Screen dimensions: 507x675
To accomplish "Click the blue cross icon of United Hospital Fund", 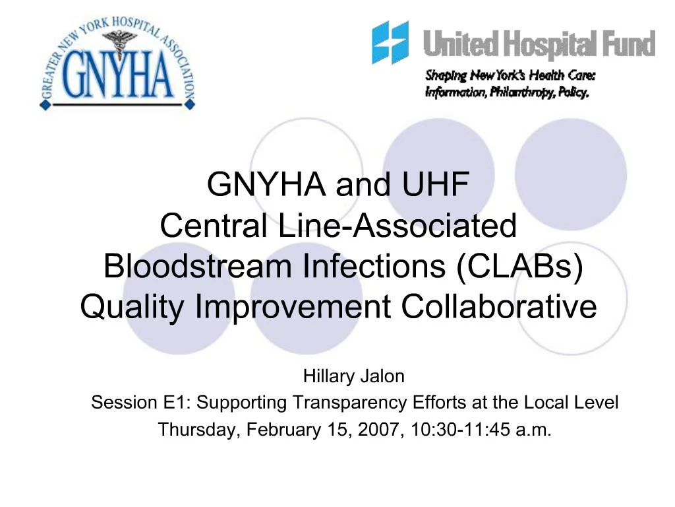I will (390, 42).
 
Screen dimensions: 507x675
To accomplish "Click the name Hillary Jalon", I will (353, 377).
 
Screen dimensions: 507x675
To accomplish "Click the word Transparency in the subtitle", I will (349, 402).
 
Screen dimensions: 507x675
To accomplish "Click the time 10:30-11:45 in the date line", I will (454, 430).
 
